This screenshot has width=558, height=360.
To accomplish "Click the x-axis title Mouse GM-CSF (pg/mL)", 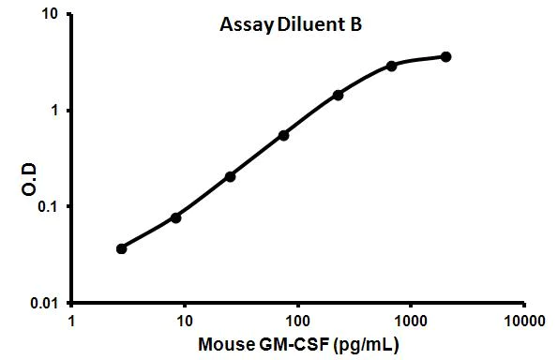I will point(298,344).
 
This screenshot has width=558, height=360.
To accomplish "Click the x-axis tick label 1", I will point(73,320).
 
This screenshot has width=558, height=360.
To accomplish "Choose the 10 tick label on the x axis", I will point(185,320).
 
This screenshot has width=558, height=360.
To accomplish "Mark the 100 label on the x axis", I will point(298,320).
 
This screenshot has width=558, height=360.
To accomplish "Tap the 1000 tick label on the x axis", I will point(411,320).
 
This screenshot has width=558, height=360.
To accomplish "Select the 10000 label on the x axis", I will point(523,320).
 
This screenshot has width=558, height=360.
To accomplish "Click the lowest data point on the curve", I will point(121,248).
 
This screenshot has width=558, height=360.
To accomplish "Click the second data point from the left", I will point(175,217).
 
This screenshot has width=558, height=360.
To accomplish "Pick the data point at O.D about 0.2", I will point(230,176).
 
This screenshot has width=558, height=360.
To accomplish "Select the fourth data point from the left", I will point(283,135).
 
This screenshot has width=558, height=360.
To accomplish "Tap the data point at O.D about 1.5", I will point(338,95).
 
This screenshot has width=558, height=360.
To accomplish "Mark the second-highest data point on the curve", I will point(391,66).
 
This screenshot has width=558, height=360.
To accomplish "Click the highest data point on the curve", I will point(445,56).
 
